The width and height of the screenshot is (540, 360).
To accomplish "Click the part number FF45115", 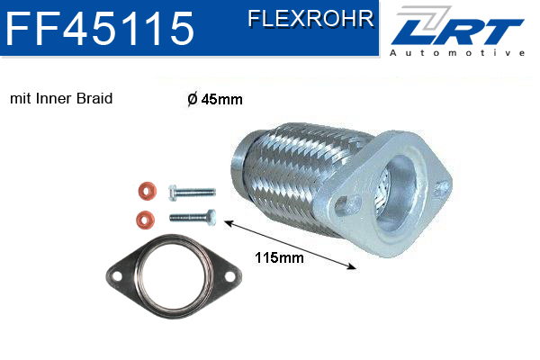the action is point(100,28).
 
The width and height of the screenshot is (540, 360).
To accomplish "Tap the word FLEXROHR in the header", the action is point(310,19).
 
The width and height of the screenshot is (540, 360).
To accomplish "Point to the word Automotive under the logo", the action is point(457,53).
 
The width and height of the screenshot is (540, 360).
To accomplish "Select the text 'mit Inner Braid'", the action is point(61,98).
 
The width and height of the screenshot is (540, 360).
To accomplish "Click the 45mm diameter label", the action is point(215,99).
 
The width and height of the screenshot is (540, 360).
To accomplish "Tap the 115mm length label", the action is point(279,257).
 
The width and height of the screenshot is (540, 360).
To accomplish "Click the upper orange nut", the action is point(147,191).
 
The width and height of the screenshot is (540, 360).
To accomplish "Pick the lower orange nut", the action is point(145,220).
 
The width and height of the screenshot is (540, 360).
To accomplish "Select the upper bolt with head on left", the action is point(192,193).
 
